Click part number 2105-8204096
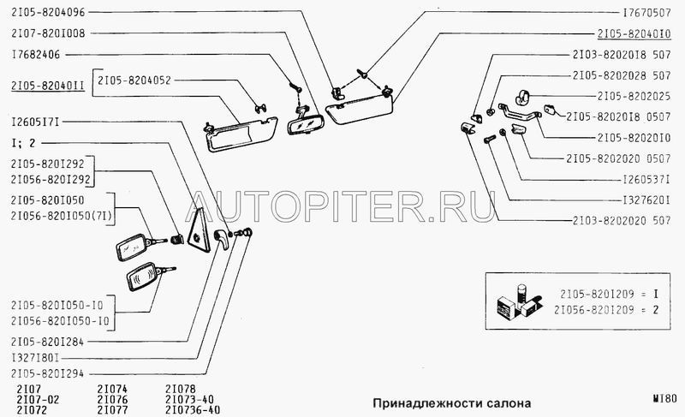tap(48, 12)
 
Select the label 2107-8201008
tap(48, 33)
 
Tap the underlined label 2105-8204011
tap(48, 86)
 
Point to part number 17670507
tap(646, 13)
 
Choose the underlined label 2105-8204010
tap(634, 33)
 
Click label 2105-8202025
tap(634, 96)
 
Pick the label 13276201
tap(646, 200)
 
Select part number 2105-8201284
tap(48, 342)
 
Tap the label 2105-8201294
tap(48, 374)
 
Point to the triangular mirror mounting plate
tap(199, 230)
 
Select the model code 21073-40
tap(189, 400)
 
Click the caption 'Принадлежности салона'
tap(452, 402)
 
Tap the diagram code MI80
tap(664, 398)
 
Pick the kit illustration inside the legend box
tap(520, 301)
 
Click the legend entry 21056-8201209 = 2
tap(606, 310)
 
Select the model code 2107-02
tap(38, 400)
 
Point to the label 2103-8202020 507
tap(622, 221)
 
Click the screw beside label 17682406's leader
tap(295, 86)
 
